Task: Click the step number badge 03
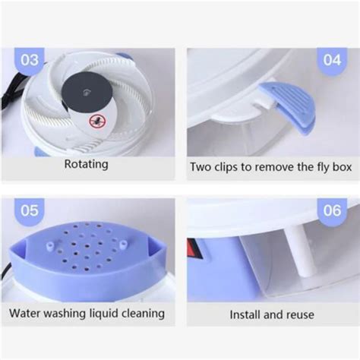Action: click(x=30, y=61)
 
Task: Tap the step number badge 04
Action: click(x=332, y=61)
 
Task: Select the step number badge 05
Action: click(x=30, y=210)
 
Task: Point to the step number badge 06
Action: click(x=332, y=210)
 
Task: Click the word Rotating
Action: click(x=87, y=165)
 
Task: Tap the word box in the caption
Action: click(x=342, y=167)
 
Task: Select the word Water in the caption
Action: click(x=24, y=313)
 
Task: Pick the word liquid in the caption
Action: click(x=104, y=314)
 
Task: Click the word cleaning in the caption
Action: click(x=143, y=314)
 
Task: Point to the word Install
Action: click(x=245, y=315)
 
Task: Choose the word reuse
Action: click(x=300, y=315)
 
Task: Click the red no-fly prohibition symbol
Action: click(x=98, y=122)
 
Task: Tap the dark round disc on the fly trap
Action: click(x=87, y=93)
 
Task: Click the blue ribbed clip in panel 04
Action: click(x=288, y=109)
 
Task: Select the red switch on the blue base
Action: click(x=193, y=249)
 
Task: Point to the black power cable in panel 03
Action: click(x=12, y=90)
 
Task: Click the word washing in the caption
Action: click(x=65, y=314)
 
